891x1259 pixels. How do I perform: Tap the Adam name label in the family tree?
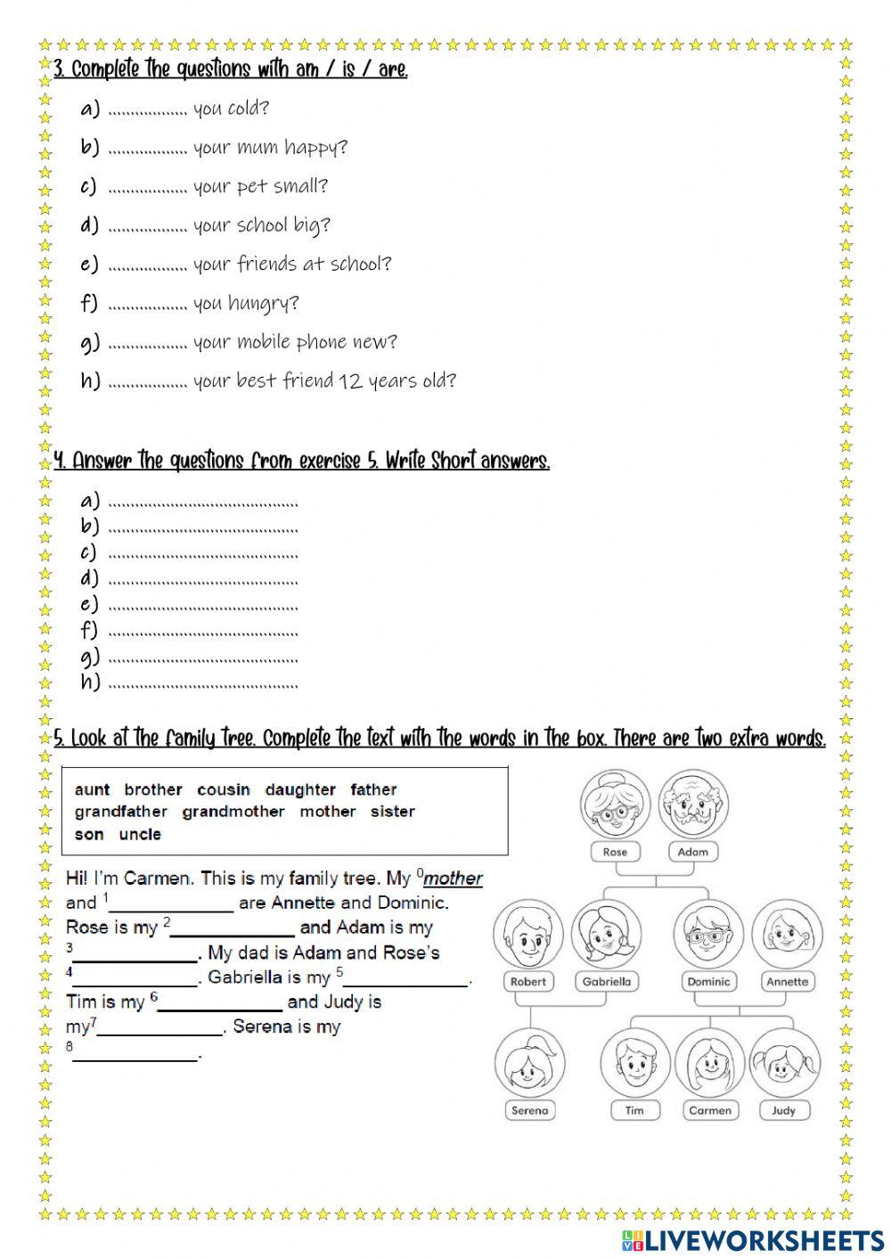tap(692, 852)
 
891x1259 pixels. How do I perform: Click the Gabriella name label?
tap(606, 982)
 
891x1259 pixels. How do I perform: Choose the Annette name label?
tap(788, 982)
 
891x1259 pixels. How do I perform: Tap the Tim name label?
tap(634, 1110)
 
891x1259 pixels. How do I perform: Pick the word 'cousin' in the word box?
tap(224, 790)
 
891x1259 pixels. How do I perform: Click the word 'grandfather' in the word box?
tap(121, 812)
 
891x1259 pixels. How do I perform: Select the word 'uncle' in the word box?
tap(140, 835)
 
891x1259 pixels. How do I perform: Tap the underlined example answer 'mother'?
tap(453, 879)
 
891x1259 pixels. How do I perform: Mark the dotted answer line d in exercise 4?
tap(202, 580)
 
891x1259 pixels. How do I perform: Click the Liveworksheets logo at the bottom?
tap(753, 1239)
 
